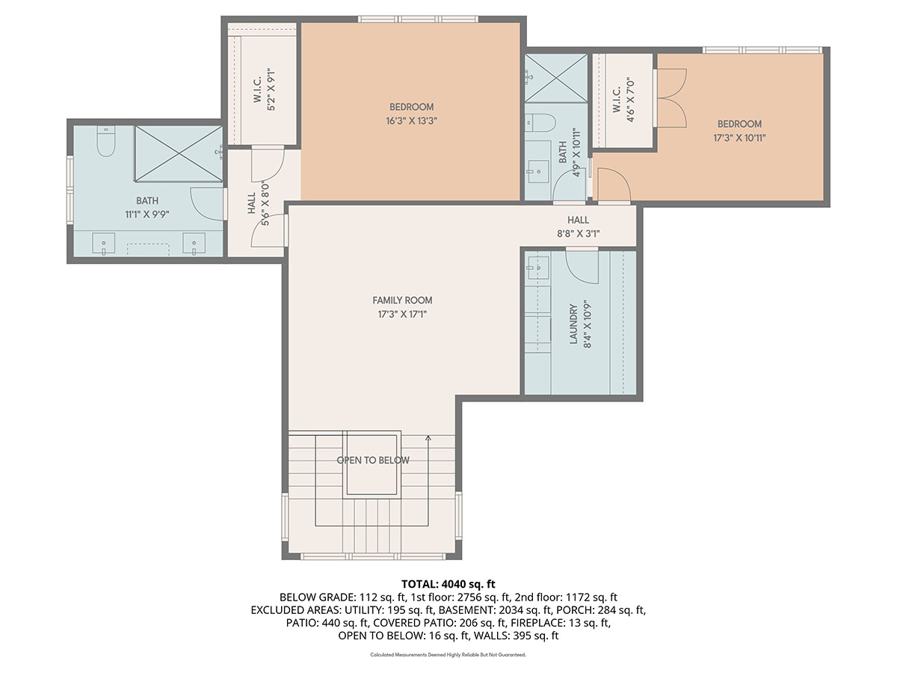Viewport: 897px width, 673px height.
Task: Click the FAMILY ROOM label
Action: tap(402, 301)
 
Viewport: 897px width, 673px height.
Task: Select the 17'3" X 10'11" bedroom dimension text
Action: tap(739, 137)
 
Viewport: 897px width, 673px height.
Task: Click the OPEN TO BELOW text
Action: tap(373, 461)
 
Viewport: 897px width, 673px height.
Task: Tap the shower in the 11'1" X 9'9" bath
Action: tap(178, 153)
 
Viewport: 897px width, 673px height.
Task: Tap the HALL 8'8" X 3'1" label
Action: tap(578, 227)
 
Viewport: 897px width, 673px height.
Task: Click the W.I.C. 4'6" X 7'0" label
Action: tap(623, 96)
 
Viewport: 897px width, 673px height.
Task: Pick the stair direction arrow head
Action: tap(428, 438)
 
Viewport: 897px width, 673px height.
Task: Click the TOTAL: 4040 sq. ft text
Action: tap(448, 583)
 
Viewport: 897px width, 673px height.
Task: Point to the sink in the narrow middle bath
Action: tap(535, 171)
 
